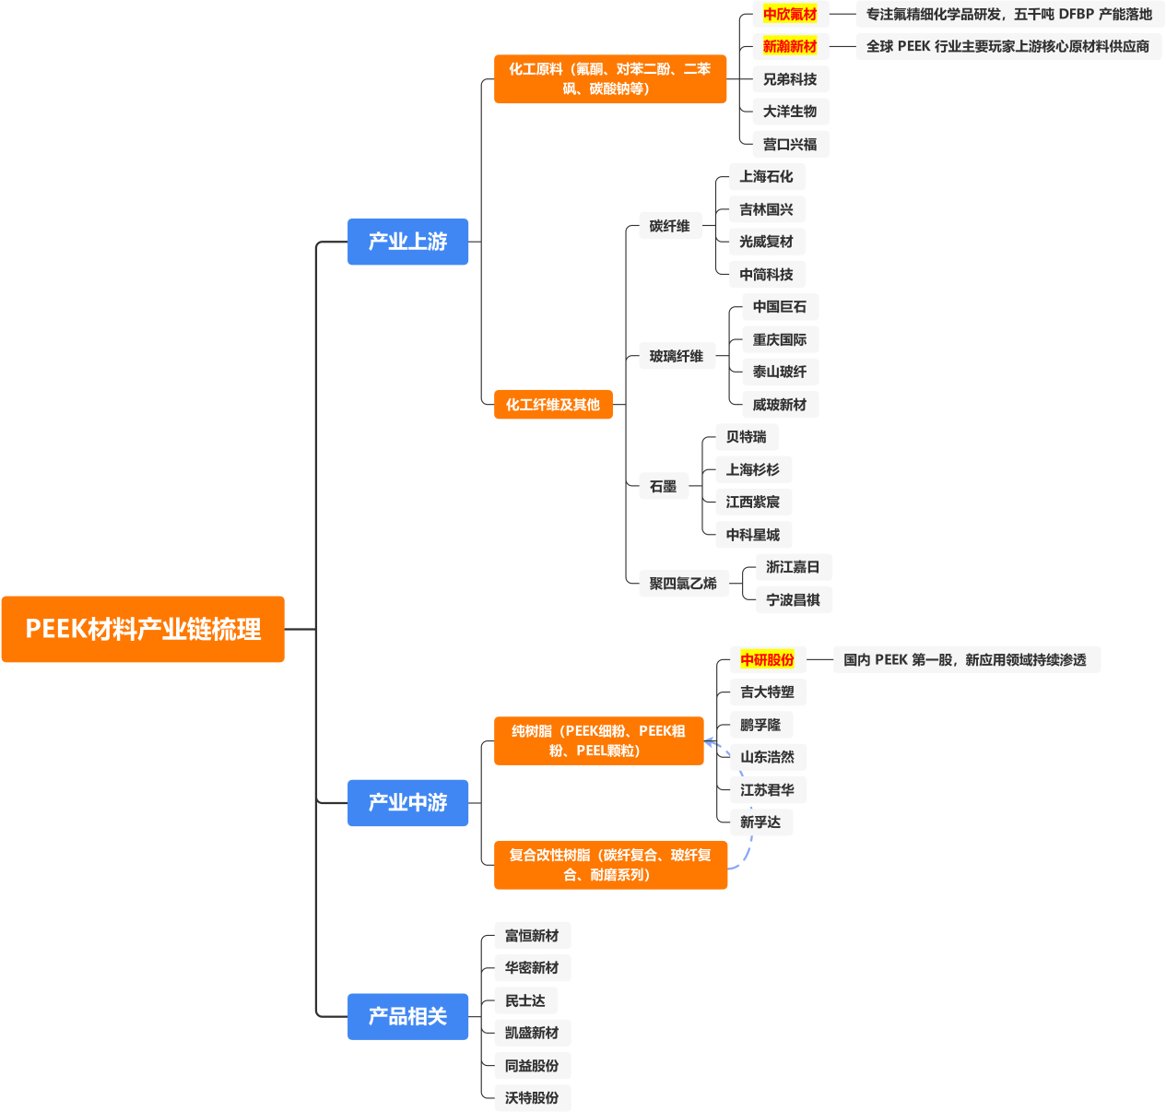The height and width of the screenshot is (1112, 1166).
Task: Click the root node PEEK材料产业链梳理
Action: click(x=143, y=629)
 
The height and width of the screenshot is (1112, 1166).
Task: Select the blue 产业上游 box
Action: click(x=407, y=242)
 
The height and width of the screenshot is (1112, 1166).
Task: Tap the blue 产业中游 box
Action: click(x=407, y=802)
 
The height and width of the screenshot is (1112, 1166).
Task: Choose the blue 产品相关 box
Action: click(x=407, y=1016)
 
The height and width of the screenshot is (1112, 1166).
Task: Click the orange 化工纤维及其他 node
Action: click(x=553, y=404)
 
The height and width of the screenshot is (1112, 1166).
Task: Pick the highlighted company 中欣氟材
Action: click(x=790, y=14)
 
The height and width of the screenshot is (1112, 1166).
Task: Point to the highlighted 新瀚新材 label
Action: click(x=790, y=46)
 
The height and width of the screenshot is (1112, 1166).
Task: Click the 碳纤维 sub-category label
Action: click(x=669, y=225)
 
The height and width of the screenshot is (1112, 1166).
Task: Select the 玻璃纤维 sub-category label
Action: click(x=676, y=356)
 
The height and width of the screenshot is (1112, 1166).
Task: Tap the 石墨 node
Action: click(x=663, y=486)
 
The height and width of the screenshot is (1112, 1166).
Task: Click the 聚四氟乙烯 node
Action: click(x=682, y=583)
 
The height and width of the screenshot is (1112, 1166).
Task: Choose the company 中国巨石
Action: click(x=779, y=306)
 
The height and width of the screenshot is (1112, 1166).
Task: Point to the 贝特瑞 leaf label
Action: click(x=746, y=436)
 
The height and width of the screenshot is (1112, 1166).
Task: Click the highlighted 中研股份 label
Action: click(x=767, y=659)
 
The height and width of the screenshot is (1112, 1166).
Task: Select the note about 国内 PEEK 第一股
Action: click(x=965, y=659)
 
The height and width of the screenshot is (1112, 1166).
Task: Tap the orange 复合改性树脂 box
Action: click(x=610, y=865)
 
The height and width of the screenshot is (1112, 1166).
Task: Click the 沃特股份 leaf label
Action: click(x=532, y=1097)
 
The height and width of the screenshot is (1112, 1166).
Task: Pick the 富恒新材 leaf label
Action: click(x=532, y=935)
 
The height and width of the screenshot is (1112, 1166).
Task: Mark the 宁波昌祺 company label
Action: click(x=793, y=599)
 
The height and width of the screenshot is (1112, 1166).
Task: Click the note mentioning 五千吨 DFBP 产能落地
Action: click(x=1009, y=14)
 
